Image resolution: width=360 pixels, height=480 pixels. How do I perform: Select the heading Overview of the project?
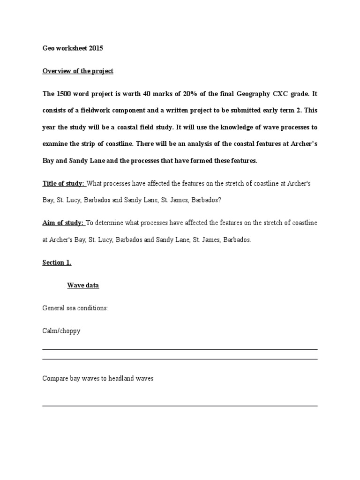pyautogui.click(x=78, y=71)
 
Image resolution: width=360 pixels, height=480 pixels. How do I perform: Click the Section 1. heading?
pyautogui.click(x=57, y=262)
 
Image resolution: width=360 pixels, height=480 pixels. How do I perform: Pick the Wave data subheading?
pyautogui.click(x=83, y=285)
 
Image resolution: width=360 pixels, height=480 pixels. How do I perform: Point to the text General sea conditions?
pyautogui.click(x=75, y=308)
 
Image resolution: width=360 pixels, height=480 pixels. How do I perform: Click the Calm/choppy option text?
pyautogui.click(x=61, y=331)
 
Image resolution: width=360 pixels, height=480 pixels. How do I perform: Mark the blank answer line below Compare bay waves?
pyautogui.click(x=180, y=405)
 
